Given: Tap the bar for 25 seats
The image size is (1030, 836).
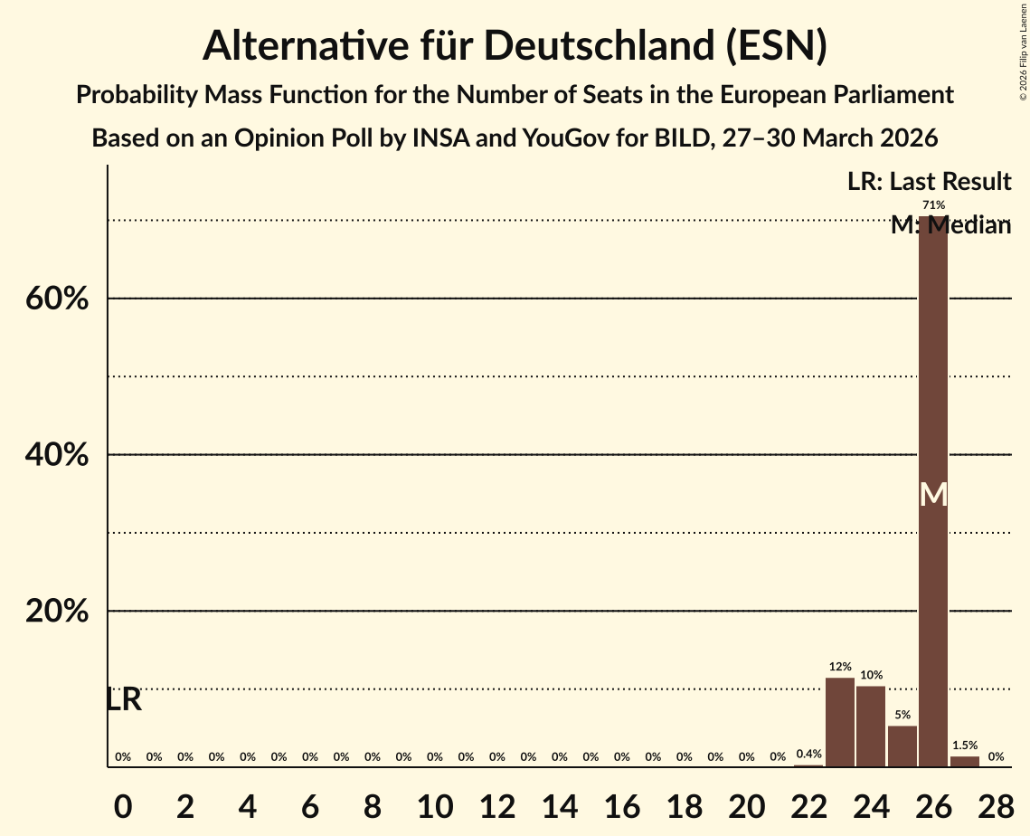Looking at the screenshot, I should point(902,746).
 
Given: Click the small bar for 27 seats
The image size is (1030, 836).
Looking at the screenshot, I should point(965,761).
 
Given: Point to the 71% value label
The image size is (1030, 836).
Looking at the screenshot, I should point(933,205).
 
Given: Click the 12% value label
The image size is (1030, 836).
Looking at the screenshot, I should point(840,667).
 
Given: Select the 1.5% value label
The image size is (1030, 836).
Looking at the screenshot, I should point(965,746).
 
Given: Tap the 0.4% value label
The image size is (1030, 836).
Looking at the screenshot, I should point(808,754).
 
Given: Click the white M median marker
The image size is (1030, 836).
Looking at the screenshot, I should point(933,495).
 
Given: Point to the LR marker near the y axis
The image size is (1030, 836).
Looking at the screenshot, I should point(124,699).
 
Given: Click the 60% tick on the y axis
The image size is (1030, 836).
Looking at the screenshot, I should point(57,299).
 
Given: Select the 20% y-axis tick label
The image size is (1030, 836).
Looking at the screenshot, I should point(57,612).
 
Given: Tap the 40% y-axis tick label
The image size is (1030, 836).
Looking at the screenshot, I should point(57,455).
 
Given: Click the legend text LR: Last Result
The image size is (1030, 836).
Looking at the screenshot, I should point(929,181).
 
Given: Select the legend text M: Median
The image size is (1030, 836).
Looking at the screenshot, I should point(950,225).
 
